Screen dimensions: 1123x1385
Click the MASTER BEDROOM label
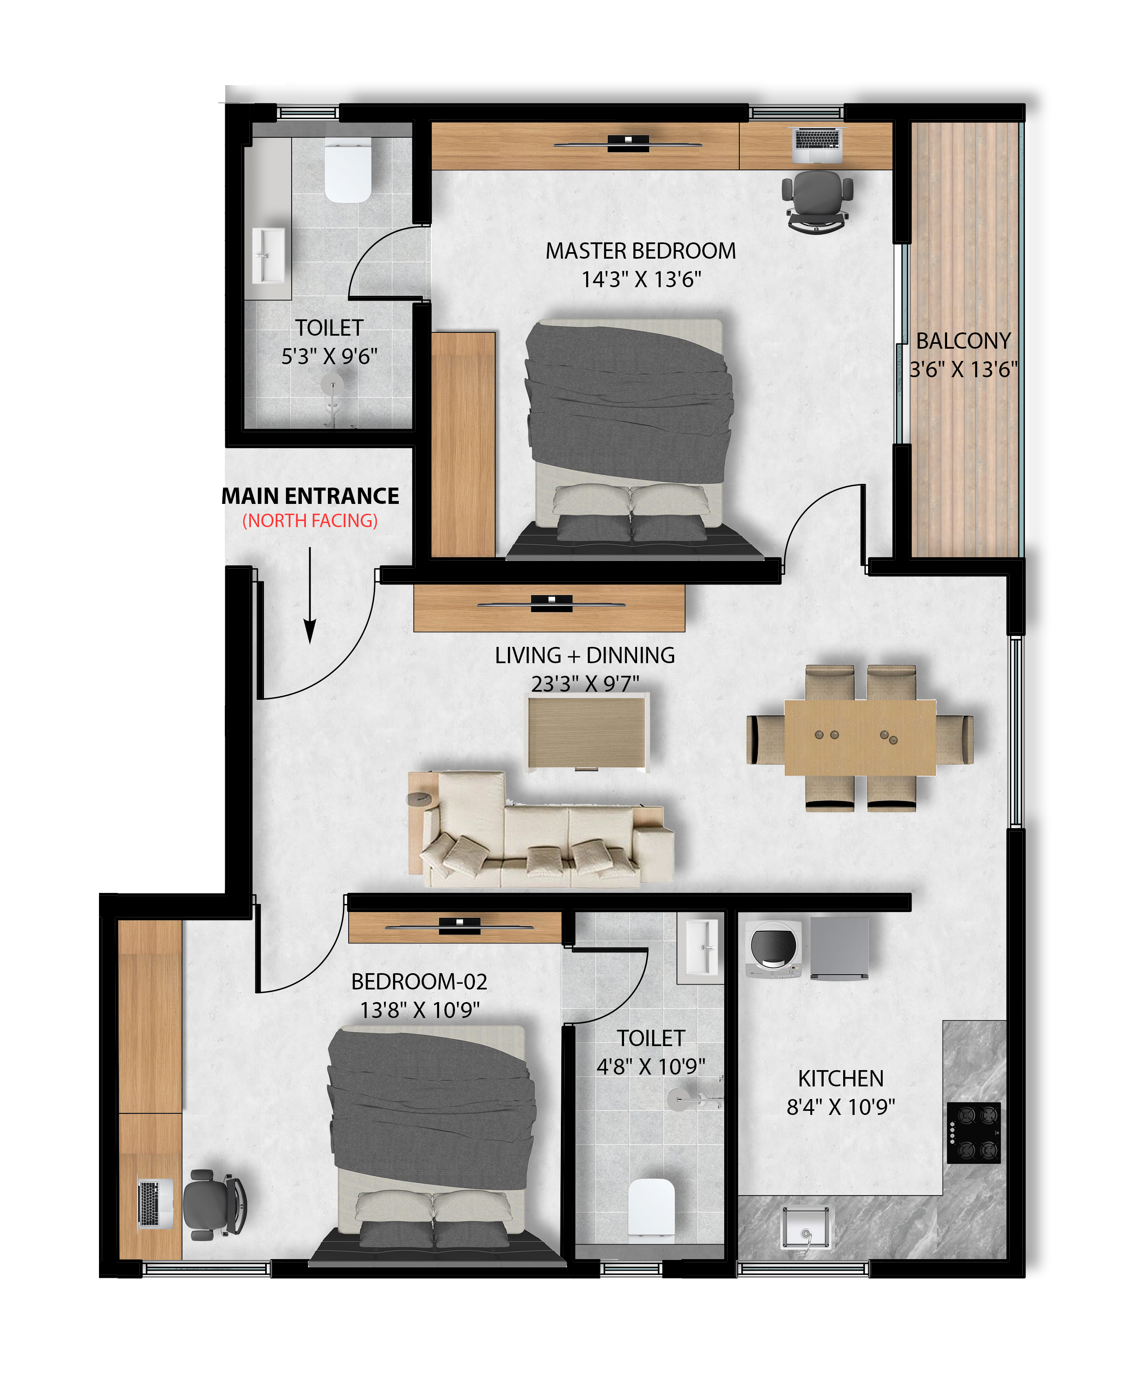pos(640,251)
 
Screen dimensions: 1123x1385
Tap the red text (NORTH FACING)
pos(310,521)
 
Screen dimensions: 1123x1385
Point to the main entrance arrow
pos(310,595)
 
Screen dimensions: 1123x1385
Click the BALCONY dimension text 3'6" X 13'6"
pos(963,369)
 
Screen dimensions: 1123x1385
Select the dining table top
pos(860,737)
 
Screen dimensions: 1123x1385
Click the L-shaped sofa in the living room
pos(541,829)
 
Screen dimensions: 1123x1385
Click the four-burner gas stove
pos(974,1133)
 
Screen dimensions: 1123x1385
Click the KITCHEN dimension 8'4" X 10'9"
pos(840,1107)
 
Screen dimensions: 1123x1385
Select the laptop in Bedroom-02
pos(155,1203)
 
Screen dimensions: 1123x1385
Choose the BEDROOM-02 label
pos(419,981)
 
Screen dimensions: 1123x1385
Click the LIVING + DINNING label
pos(585,655)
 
